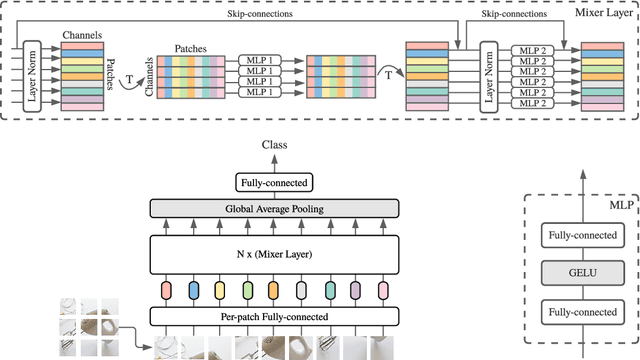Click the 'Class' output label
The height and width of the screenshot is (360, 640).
tap(274, 145)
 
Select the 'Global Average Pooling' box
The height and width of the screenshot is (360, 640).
tap(273, 207)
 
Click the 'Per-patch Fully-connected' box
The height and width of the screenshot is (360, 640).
tap(273, 316)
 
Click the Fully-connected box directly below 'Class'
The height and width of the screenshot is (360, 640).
tap(273, 183)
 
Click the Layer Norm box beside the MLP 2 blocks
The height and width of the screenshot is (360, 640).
tap(490, 75)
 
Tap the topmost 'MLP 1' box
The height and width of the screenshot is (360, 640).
tap(262, 61)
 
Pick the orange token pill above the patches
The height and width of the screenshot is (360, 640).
tap(273, 291)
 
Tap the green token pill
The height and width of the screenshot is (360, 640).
tap(247, 291)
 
